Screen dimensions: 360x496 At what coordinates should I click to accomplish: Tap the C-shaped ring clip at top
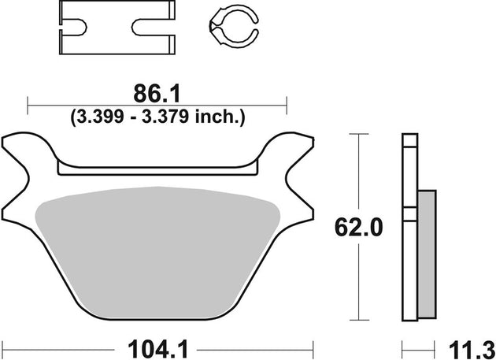pos(232,27)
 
